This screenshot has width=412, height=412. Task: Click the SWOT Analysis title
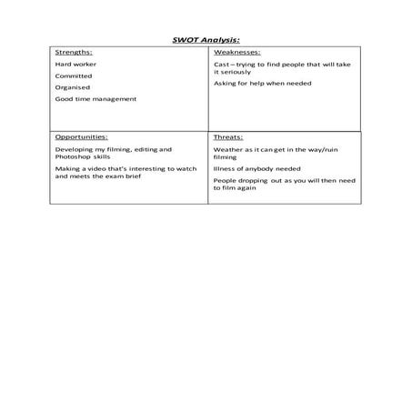coord(206,40)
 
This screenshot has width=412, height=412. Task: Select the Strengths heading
coord(73,54)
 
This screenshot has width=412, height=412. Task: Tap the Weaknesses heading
coord(236,54)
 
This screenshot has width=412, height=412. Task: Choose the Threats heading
coord(227,136)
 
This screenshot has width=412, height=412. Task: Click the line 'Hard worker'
coord(75,65)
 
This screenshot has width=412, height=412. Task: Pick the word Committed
coord(74,76)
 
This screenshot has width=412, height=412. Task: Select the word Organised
coord(74,87)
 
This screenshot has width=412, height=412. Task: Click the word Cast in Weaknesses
coord(221,65)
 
